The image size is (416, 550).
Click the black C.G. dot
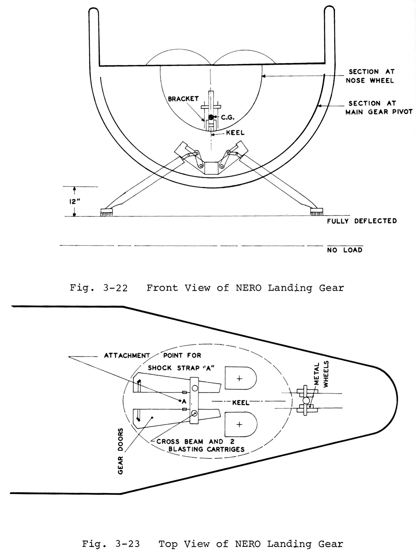pos(211,117)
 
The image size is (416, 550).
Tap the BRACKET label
pos(183,99)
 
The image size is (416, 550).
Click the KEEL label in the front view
pos(235,133)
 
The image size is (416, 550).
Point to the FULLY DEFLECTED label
pos(362,221)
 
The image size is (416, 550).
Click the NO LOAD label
pos(345,250)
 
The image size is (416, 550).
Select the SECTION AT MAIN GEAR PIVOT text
pos(379,108)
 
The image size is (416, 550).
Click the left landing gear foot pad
pos(107,212)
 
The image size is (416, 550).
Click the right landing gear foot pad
pos(316,212)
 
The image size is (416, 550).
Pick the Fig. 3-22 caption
pos(207,288)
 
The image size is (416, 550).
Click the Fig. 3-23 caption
pos(213,544)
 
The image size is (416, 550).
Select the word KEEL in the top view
pos(241,403)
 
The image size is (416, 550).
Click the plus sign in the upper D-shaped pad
pos(239,379)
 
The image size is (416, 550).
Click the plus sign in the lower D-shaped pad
pos(239,425)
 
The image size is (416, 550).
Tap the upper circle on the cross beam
pos(195,388)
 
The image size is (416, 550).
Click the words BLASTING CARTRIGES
pos(206,449)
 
